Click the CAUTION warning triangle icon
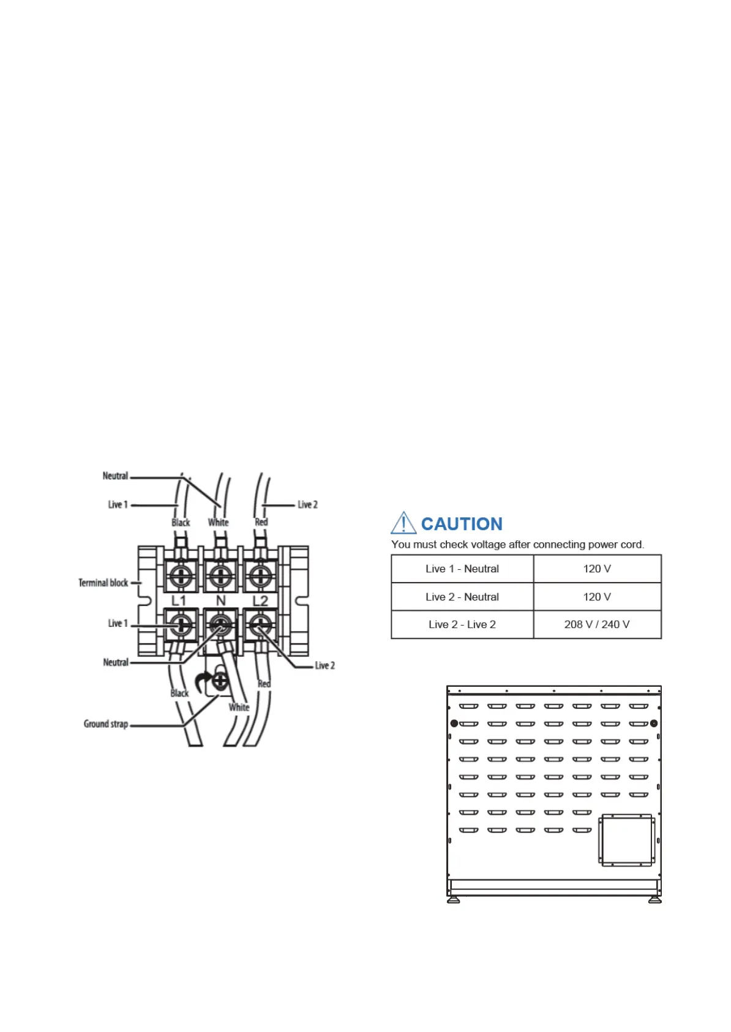click(x=403, y=523)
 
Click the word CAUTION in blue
click(x=462, y=524)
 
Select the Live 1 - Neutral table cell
click(x=462, y=569)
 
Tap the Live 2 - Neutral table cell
click(x=462, y=597)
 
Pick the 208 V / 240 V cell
click(x=597, y=624)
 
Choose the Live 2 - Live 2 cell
click(x=462, y=624)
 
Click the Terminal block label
click(x=103, y=583)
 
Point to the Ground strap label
click(x=106, y=724)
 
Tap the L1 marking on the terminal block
click(x=178, y=601)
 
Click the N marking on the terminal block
click(x=221, y=601)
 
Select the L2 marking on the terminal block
click(x=261, y=601)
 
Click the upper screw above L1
click(x=181, y=575)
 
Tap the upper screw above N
click(x=220, y=575)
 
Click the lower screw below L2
click(x=260, y=625)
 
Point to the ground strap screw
click(x=220, y=680)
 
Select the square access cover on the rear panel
click(x=627, y=840)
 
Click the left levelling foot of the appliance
click(x=454, y=900)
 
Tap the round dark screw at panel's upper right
click(x=654, y=724)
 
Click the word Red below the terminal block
click(x=264, y=684)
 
